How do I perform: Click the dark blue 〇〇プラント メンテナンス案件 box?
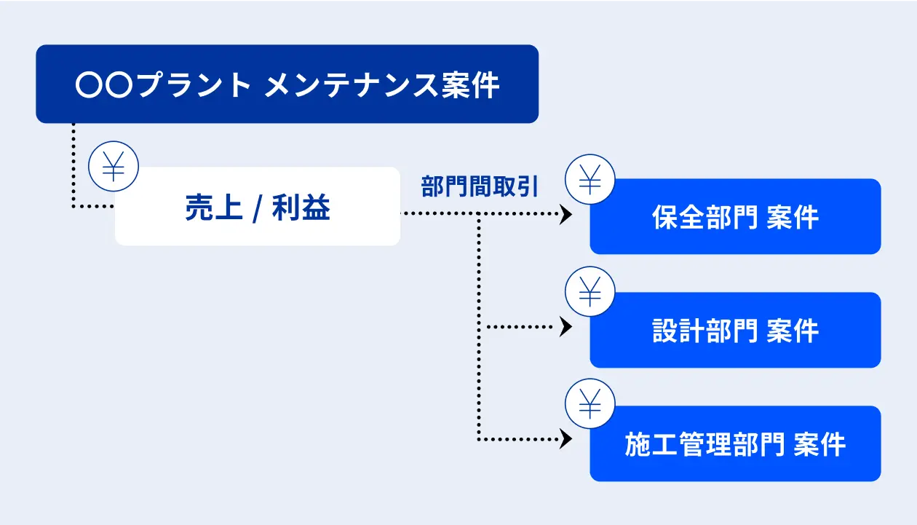coord(287,84)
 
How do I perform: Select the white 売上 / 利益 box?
coord(258,206)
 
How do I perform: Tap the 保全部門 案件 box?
coord(735,216)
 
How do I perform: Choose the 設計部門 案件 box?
coord(735,330)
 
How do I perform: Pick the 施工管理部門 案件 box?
coord(735,443)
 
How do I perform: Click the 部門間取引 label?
coord(480,186)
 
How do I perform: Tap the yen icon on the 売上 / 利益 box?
coord(114,166)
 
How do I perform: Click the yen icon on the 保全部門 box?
coord(590,179)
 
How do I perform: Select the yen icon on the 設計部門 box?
coord(590,291)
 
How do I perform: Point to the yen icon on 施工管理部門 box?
coord(590,403)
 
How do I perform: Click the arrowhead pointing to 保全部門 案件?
coord(565,214)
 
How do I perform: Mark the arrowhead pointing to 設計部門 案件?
coord(565,327)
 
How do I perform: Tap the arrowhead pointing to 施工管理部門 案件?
coord(565,439)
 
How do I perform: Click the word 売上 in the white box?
coord(214,208)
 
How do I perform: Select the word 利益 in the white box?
coord(301,208)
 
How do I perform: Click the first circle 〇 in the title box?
coord(90,85)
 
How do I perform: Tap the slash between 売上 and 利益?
coord(257,209)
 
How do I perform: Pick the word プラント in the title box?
coord(194,84)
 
